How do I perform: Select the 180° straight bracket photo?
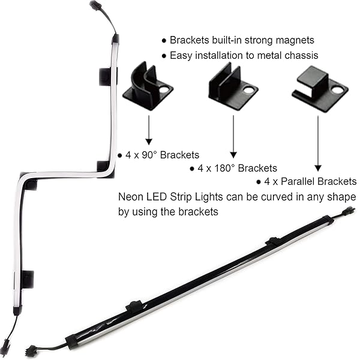tap(233, 88)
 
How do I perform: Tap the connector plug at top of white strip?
tap(95, 7)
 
